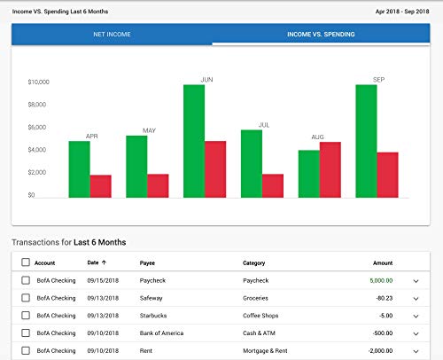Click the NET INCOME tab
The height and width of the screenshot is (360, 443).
pos(112,35)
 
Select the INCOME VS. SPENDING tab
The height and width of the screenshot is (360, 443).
pos(322,35)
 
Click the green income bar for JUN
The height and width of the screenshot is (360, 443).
pos(194,141)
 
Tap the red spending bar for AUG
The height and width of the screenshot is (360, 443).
pos(330,169)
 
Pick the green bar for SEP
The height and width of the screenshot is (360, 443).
pos(366,141)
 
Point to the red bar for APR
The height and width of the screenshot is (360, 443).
pos(101,186)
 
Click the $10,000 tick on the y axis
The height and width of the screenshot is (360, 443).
pos(39,82)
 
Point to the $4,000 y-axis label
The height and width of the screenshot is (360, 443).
pos(41,150)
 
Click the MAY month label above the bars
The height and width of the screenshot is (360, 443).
pos(149,131)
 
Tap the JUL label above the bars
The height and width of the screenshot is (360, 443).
pos(263,125)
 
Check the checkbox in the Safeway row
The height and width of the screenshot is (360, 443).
pos(26,298)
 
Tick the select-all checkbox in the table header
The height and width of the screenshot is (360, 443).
pos(26,262)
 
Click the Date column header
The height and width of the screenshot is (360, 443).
pos(93,262)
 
